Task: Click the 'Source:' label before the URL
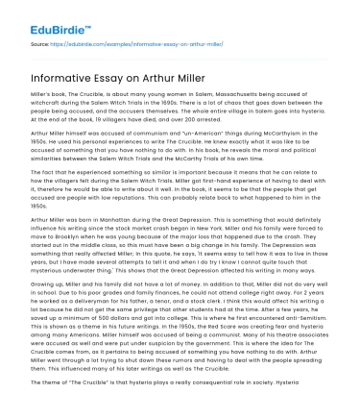pos(42,44)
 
